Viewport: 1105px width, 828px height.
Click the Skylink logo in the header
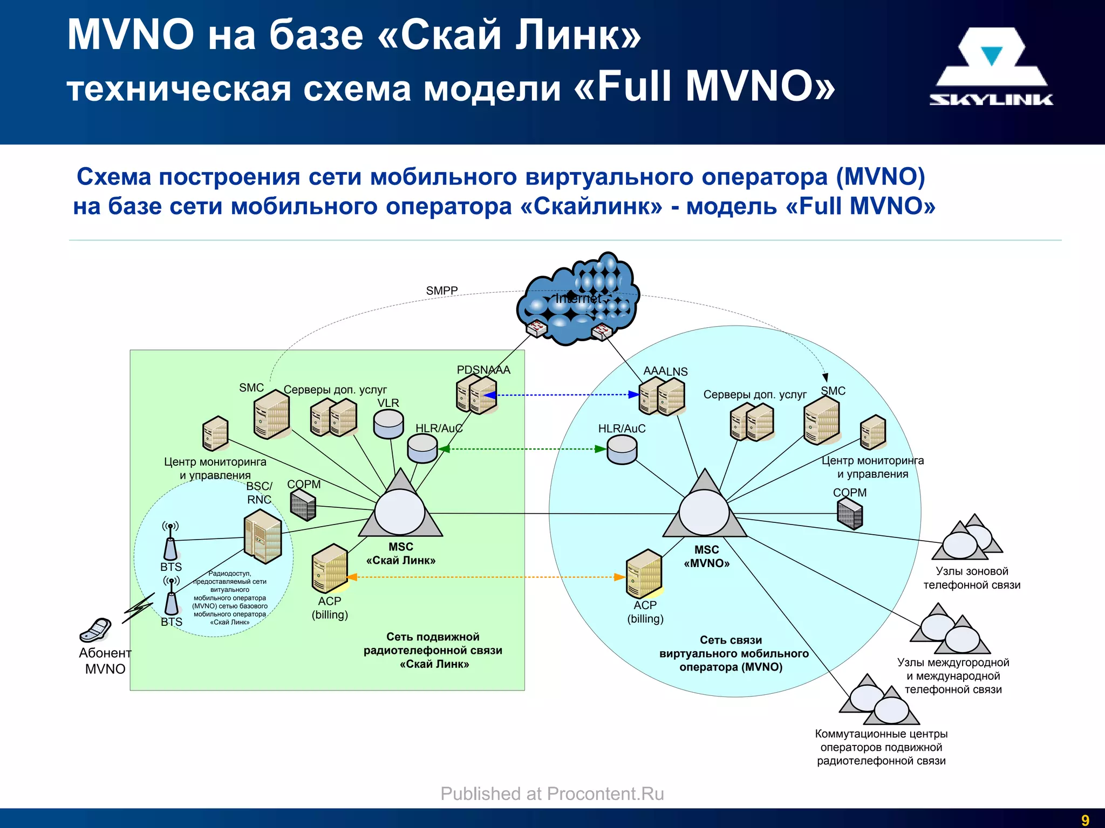[991, 67]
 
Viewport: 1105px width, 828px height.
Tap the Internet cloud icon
[577, 300]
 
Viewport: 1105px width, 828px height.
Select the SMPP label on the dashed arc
[441, 291]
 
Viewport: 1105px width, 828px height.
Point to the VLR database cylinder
[388, 424]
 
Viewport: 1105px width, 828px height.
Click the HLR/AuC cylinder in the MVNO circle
[622, 450]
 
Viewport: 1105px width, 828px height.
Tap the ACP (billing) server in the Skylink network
[330, 569]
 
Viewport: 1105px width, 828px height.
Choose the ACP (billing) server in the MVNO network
[644, 574]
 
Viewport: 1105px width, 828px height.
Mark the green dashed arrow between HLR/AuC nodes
[521, 449]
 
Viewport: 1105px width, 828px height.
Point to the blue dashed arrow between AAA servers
[561, 395]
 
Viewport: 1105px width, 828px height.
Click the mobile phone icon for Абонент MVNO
[96, 630]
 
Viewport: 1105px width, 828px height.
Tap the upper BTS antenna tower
[170, 541]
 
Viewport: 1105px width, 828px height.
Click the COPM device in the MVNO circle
[850, 513]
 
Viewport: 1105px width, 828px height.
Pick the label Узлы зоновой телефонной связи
[971, 578]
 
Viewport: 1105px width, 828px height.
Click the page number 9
[1085, 820]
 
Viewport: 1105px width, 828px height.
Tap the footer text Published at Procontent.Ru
[552, 794]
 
